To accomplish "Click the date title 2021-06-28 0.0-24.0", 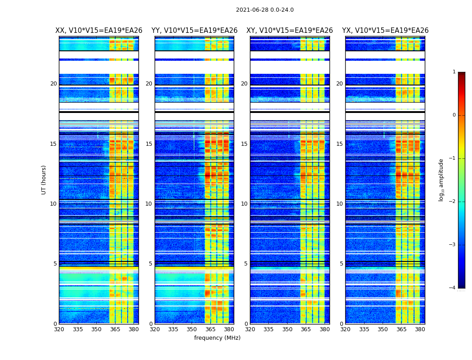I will (x=265, y=10).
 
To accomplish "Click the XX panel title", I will (x=99, y=31).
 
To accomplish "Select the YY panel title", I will (x=194, y=31).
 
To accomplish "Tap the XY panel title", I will (x=289, y=31).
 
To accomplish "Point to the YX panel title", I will (x=385, y=31).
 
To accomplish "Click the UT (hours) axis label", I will (x=44, y=180).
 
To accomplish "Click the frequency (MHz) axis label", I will (x=217, y=338).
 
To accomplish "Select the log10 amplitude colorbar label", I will (x=441, y=180).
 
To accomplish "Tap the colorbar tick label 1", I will (x=454, y=72).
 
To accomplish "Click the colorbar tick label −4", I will (x=453, y=288).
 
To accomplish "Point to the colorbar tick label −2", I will (x=453, y=202).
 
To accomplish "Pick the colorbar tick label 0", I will (x=454, y=115).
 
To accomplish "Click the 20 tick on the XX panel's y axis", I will (x=53, y=84).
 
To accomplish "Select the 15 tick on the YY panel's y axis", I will (x=149, y=144).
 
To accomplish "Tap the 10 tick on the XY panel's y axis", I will (x=244, y=204).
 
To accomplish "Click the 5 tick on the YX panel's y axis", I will (x=341, y=264).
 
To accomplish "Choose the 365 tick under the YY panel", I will (x=210, y=329).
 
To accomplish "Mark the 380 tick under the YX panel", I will (x=420, y=329).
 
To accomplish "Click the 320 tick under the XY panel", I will (x=250, y=329).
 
